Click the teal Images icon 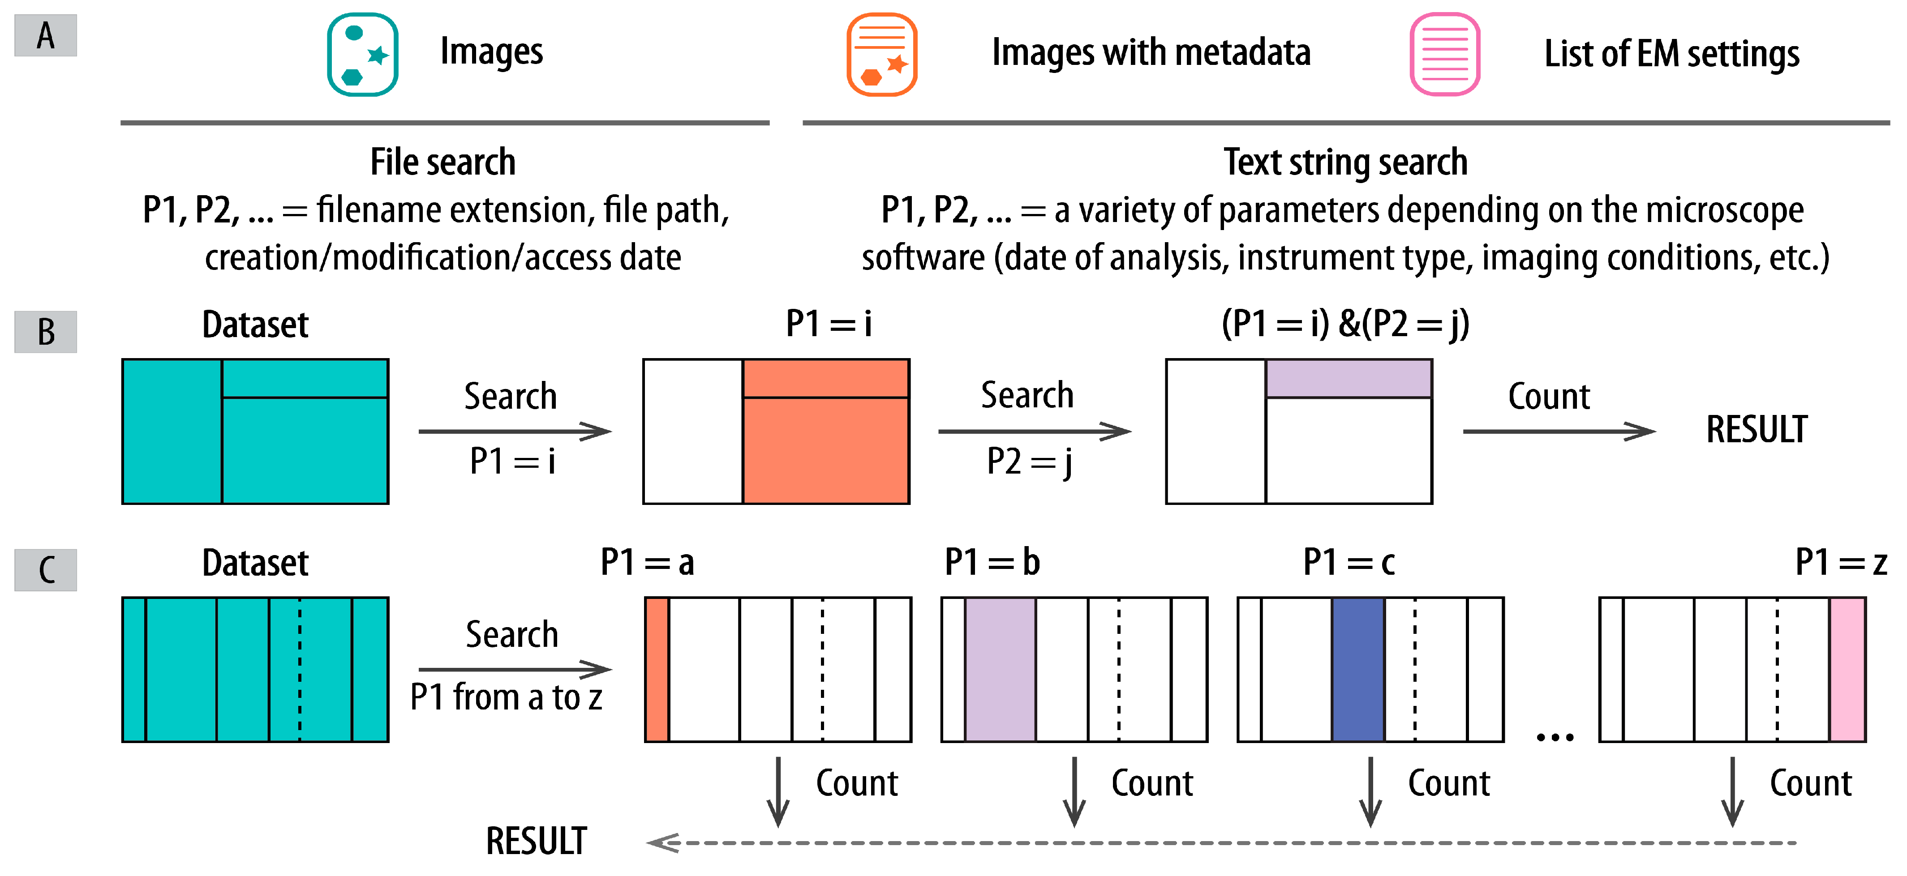tap(363, 55)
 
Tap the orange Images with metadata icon tap(882, 55)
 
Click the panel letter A tap(46, 35)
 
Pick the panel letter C tap(46, 570)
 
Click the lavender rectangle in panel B tap(1348, 379)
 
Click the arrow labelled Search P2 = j tap(1034, 432)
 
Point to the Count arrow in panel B tap(1558, 432)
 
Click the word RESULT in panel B tap(1756, 430)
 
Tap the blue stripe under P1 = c tap(1358, 670)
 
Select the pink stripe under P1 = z tap(1847, 670)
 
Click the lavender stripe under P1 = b tap(1000, 670)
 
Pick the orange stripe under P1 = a tap(657, 670)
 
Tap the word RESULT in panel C tap(536, 841)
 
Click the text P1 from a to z tap(507, 697)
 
